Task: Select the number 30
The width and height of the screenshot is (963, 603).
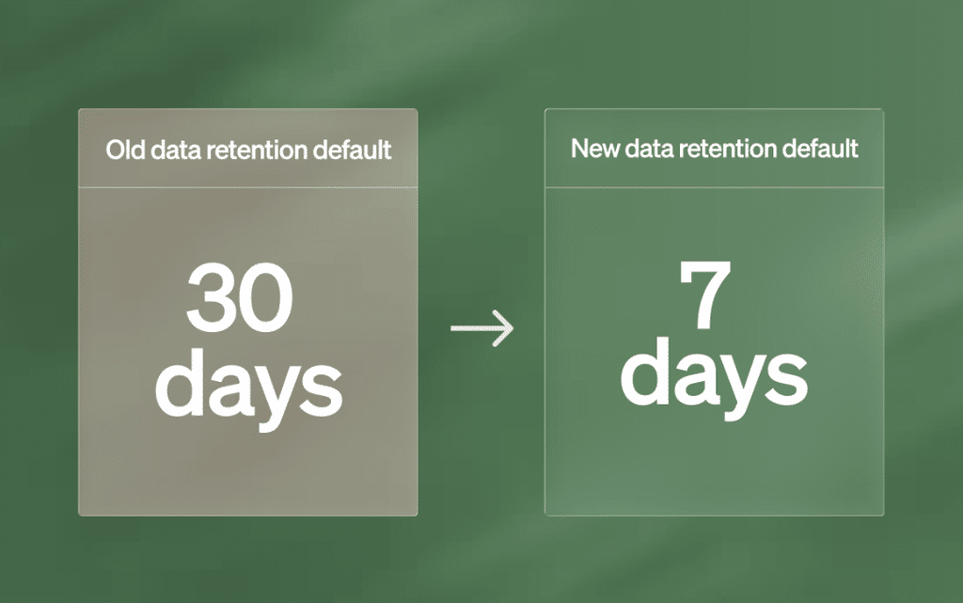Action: pos(240,297)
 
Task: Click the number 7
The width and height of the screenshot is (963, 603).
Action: pos(705,294)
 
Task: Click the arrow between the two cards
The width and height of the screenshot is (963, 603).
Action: pos(482,328)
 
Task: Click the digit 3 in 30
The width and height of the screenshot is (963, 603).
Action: pos(212,297)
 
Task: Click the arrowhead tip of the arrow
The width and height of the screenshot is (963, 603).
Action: pos(513,328)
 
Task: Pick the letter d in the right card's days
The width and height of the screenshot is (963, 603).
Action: pos(645,371)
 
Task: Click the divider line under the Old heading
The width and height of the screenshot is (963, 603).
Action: pos(248,186)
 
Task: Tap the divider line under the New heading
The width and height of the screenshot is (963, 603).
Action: pos(715,186)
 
